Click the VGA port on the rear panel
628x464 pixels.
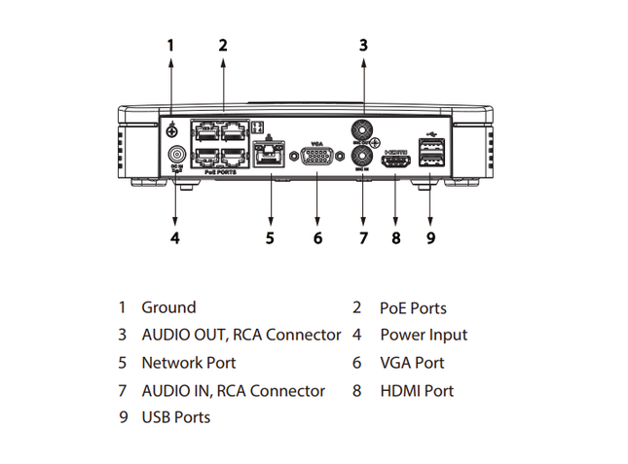pos(317,158)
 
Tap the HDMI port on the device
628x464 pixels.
pos(395,162)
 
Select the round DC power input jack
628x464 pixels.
pos(177,155)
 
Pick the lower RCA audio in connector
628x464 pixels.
pos(362,155)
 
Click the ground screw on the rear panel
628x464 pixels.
pos(172,129)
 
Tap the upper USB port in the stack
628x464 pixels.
pos(429,147)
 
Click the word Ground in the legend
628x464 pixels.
pos(168,307)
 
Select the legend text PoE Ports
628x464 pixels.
pos(413,308)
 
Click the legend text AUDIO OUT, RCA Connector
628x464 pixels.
pos(240,335)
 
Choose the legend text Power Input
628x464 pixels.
pos(424,335)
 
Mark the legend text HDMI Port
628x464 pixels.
pos(417,391)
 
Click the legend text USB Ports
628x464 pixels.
pos(176,417)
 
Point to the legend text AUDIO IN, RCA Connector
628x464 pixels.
pos(233,391)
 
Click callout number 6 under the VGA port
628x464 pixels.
pos(317,237)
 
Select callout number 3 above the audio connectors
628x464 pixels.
pos(363,44)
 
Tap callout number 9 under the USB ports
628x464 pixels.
pos(430,237)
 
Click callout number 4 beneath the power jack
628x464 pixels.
pos(174,237)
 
